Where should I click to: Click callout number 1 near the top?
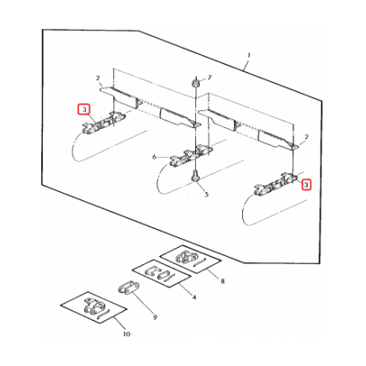pyautogui.click(x=249, y=55)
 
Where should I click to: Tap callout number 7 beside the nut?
pyautogui.click(x=210, y=78)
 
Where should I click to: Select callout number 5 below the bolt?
pyautogui.click(x=206, y=194)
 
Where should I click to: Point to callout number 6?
pyautogui.click(x=155, y=157)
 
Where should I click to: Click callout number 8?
pyautogui.click(x=223, y=281)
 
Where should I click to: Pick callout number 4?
pyautogui.click(x=194, y=297)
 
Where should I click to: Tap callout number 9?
pyautogui.click(x=155, y=317)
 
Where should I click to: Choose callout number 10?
pyautogui.click(x=126, y=334)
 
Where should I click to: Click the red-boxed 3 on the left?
pyautogui.click(x=84, y=109)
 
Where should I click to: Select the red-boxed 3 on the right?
pyautogui.click(x=306, y=185)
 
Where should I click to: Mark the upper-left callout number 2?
pyautogui.click(x=98, y=79)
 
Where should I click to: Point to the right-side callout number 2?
pyautogui.click(x=306, y=137)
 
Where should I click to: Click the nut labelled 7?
pyautogui.click(x=194, y=83)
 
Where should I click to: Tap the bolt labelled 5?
pyautogui.click(x=194, y=176)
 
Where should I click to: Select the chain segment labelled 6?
pyautogui.click(x=191, y=155)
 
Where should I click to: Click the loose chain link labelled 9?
pyautogui.click(x=129, y=287)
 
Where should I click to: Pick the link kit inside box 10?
pyautogui.click(x=94, y=309)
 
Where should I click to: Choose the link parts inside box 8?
pyautogui.click(x=189, y=257)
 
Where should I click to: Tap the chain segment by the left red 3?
pyautogui.click(x=104, y=123)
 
